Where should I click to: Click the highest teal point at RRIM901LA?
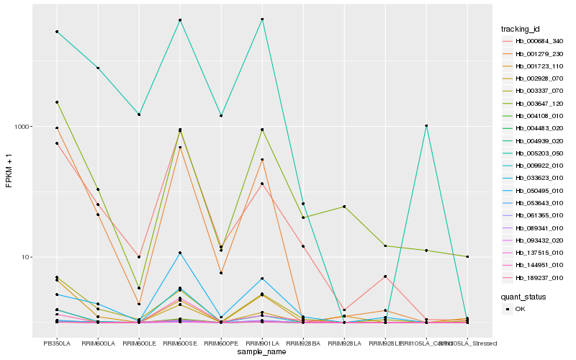(x=262, y=19)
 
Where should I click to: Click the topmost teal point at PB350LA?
(x=57, y=32)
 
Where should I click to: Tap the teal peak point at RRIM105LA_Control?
(x=426, y=125)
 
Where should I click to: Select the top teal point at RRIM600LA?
(x=98, y=68)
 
